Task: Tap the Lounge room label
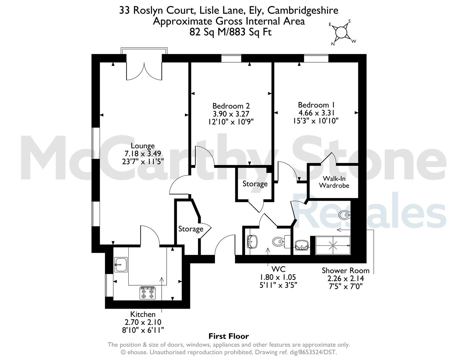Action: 143,146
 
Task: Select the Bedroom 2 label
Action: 231,106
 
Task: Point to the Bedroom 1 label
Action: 316,105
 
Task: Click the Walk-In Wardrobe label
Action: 334,182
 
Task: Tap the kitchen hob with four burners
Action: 148,293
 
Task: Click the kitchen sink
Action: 121,265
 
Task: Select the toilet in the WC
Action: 281,242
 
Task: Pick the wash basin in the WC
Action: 252,242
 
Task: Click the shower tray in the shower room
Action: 333,246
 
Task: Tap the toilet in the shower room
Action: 344,214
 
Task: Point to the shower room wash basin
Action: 302,245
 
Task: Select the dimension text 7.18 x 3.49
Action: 143,154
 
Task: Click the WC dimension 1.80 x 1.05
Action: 278,277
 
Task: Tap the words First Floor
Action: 229,336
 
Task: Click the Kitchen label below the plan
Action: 143,314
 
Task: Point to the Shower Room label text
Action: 345,271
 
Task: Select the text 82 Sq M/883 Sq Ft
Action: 231,32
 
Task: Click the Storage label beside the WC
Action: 255,184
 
